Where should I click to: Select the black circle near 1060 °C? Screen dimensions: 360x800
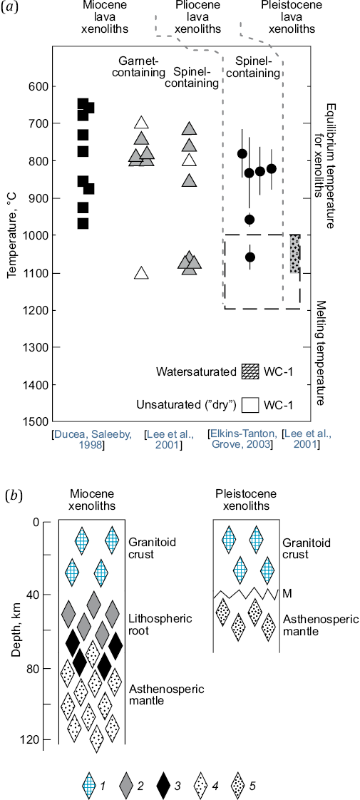tap(250, 257)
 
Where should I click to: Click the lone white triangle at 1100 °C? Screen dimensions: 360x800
tap(142, 272)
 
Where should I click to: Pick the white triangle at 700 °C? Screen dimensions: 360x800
tap(142, 123)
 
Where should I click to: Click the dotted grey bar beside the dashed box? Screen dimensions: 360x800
tap(294, 254)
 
